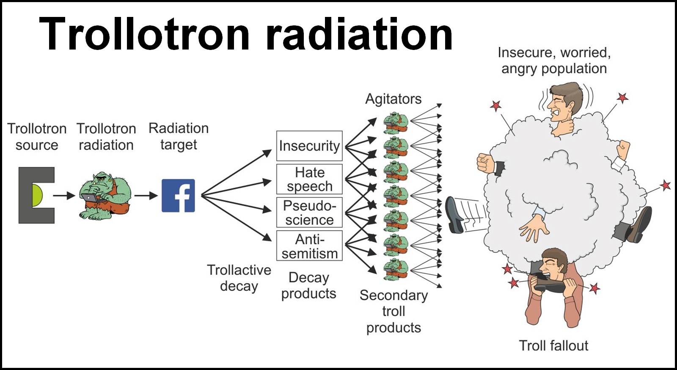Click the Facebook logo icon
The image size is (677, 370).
(178, 196)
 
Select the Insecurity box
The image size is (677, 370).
(309, 146)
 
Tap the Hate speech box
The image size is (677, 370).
(309, 179)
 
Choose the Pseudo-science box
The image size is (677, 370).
(309, 212)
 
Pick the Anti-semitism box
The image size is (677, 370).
(309, 246)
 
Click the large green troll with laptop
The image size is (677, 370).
(105, 196)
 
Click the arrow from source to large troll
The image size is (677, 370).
(64, 196)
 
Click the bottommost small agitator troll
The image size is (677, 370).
(396, 269)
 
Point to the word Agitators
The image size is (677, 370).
(393, 99)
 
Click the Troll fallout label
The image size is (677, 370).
(554, 345)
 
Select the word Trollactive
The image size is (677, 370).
(239, 270)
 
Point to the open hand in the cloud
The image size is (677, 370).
(534, 227)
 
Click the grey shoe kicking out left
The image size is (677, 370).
(454, 215)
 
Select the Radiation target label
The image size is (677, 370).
(179, 136)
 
